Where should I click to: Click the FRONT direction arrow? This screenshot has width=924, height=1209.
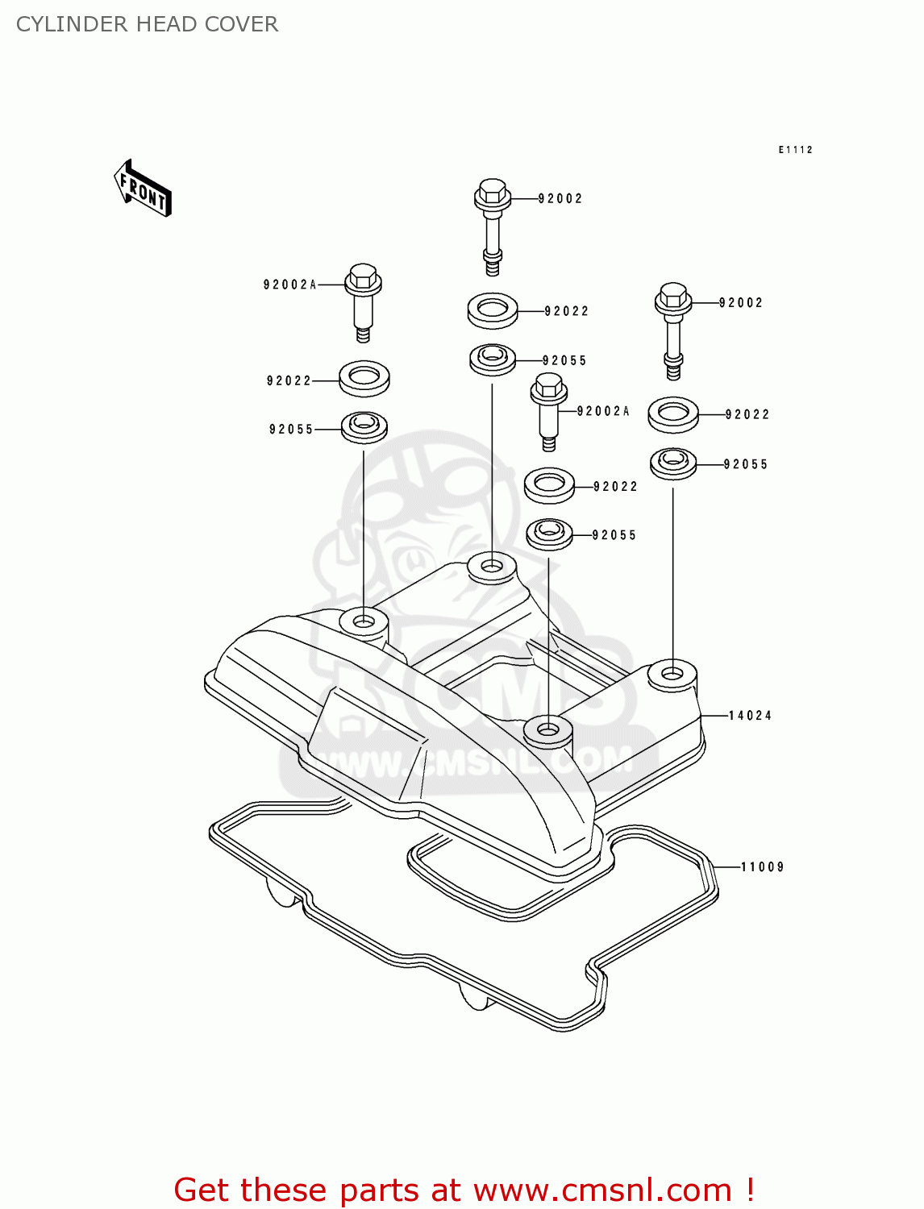point(144,189)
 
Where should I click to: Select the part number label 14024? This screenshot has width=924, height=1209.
point(750,716)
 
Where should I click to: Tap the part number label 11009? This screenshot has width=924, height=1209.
point(762,867)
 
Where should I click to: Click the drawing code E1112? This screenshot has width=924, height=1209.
point(795,150)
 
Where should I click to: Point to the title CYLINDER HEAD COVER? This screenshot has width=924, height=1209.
point(148,24)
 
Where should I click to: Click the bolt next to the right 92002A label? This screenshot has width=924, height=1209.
point(549,410)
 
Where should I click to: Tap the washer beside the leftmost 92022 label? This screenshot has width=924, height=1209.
point(364,378)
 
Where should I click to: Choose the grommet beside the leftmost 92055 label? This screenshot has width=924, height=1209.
point(364,426)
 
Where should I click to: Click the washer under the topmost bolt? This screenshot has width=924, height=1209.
point(493,310)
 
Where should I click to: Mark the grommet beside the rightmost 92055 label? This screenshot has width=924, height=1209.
point(673,463)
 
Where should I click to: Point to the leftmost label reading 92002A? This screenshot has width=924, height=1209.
point(290,285)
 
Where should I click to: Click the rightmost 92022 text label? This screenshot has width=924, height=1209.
point(747,414)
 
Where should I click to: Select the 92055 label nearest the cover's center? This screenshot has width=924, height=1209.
point(614,535)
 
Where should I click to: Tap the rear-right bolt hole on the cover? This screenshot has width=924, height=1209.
point(672,673)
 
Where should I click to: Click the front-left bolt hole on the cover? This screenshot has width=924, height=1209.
point(364,622)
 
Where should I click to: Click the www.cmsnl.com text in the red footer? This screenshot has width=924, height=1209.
point(601,1190)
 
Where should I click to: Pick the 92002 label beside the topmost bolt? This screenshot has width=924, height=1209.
point(560,198)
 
